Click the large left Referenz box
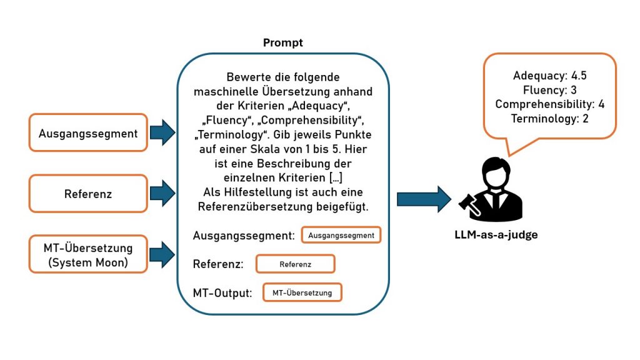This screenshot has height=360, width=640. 88,194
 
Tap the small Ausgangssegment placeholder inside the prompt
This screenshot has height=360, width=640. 341,236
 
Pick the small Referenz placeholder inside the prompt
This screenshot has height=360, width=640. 295,264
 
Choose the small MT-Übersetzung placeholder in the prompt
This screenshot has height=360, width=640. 302,292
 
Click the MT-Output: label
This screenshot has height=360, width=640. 222,292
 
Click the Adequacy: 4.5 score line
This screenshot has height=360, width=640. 550,76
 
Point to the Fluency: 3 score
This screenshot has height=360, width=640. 549,90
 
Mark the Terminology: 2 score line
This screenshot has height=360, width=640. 549,118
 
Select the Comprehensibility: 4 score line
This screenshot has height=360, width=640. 549,104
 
